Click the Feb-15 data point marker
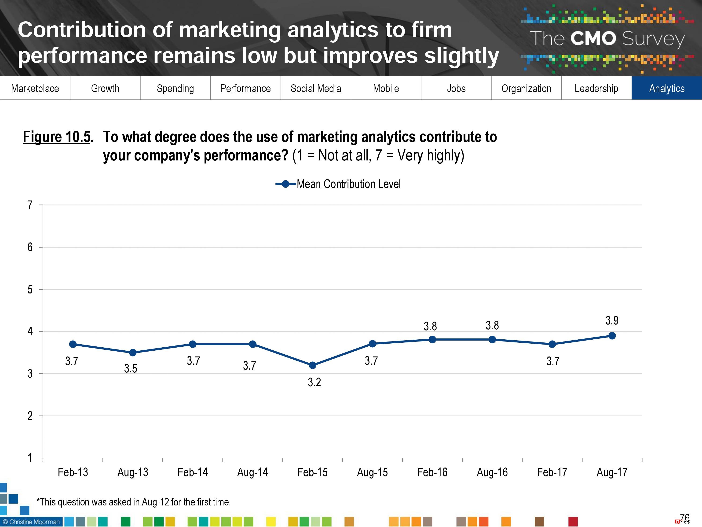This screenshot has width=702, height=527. point(312,365)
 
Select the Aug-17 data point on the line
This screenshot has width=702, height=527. point(612,336)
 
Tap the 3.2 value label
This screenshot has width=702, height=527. point(314,382)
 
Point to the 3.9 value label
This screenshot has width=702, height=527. point(612,320)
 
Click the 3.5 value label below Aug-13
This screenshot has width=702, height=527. point(130,368)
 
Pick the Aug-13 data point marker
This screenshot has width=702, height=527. point(133,353)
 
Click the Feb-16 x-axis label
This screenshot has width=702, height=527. point(432,472)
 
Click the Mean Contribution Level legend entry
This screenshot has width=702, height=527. point(338,184)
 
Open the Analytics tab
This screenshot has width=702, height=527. point(666,88)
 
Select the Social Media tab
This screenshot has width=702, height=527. point(316,88)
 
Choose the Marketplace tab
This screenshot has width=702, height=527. point(35,88)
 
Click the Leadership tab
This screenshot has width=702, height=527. point(596,88)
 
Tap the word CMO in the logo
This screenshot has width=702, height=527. point(593,39)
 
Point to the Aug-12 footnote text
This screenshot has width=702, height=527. point(134,502)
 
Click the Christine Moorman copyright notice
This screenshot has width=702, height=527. point(31,522)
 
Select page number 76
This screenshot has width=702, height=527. point(685,518)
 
